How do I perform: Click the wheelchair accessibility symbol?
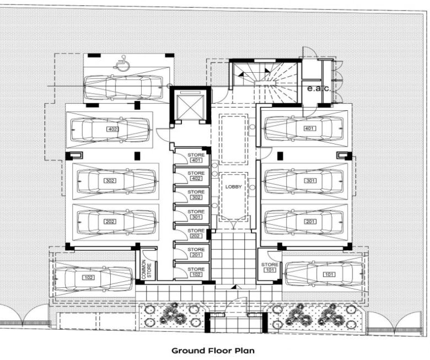click(120, 62)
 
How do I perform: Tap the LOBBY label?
click(233, 187)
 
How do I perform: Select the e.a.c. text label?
click(319, 89)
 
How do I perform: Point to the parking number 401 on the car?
click(310, 128)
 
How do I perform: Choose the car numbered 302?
click(117, 181)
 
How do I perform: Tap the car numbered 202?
click(117, 222)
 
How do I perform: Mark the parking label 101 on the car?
click(329, 274)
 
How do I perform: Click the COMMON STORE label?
click(147, 269)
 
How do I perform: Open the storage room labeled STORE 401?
click(192, 157)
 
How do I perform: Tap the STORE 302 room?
click(192, 195)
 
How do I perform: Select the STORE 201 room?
click(192, 252)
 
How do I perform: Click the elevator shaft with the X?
click(191, 106)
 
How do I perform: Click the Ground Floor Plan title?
click(213, 351)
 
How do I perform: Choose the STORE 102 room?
click(192, 271)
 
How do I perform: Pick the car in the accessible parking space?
click(123, 87)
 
